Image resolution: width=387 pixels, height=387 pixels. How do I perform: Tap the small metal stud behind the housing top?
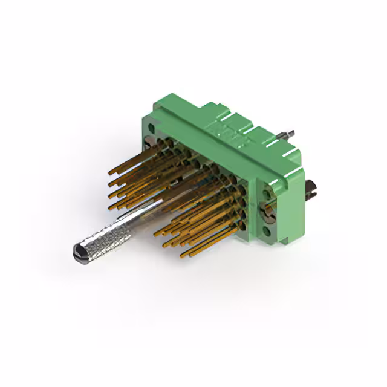(x=289, y=134)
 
